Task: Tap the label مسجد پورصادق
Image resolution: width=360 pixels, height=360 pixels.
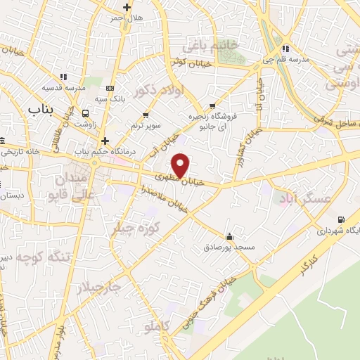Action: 229,247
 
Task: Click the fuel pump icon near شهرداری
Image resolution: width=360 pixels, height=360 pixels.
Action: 341,219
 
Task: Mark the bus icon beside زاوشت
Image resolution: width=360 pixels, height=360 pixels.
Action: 85,112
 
